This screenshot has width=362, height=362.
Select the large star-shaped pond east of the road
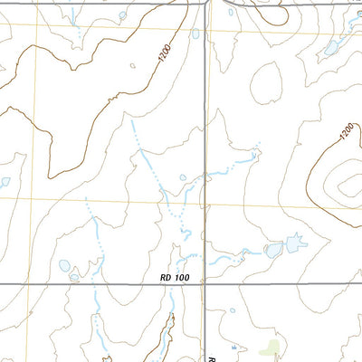click(x=295, y=243)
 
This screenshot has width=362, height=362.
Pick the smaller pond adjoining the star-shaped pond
click(x=273, y=249)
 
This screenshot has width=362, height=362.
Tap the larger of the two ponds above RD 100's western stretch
click(x=63, y=267)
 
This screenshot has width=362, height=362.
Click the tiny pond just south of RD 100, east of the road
click(x=233, y=311)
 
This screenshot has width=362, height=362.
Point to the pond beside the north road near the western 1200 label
click(x=195, y=34)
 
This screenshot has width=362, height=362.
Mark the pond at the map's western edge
click(x=4, y=181)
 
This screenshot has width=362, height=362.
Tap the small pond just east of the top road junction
click(x=232, y=12)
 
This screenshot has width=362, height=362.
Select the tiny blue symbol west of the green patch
click(x=234, y=348)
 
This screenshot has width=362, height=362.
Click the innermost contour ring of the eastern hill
click(x=346, y=187)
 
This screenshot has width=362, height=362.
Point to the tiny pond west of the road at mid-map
click(x=183, y=177)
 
